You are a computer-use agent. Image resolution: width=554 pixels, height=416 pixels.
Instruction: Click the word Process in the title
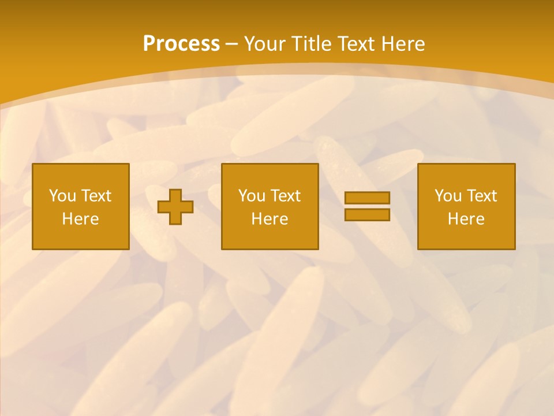click(181, 44)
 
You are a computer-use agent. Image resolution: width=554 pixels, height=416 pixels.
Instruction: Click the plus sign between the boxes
click(175, 207)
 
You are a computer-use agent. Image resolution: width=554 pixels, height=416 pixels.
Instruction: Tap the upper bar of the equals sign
click(367, 198)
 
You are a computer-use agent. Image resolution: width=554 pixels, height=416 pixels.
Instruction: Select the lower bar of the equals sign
click(367, 215)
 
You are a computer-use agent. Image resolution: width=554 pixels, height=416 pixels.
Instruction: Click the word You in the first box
click(62, 196)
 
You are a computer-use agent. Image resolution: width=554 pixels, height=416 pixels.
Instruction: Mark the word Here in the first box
click(81, 219)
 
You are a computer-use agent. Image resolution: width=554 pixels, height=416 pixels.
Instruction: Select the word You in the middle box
click(252, 196)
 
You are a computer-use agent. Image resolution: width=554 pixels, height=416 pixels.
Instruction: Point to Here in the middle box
click(269, 219)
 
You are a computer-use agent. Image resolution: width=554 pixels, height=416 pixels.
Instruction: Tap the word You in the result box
click(448, 196)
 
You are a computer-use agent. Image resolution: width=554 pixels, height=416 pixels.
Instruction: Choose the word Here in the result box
click(466, 219)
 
